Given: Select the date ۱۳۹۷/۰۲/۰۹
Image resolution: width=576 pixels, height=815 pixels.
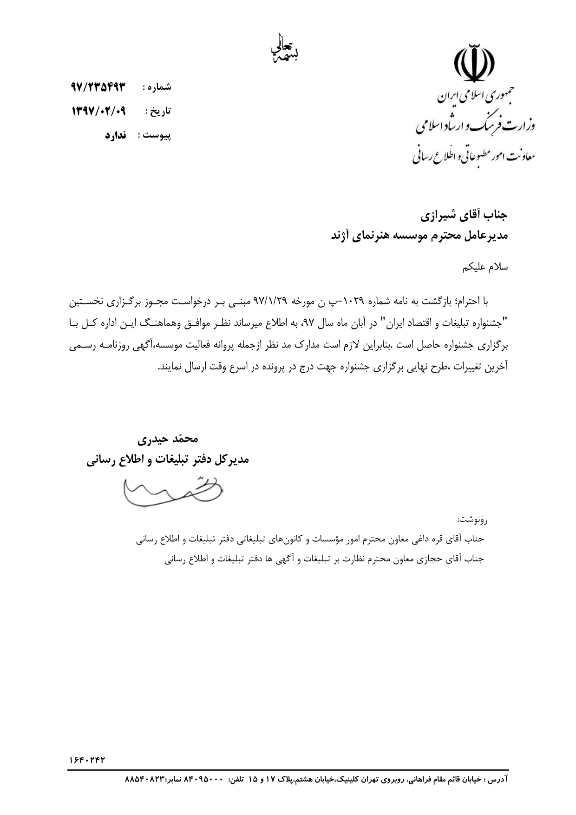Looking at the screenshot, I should pyautogui.click(x=99, y=111).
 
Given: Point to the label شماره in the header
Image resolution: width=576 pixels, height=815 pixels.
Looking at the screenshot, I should pyautogui.click(x=160, y=87).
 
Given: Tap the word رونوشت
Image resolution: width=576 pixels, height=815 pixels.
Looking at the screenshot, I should pyautogui.click(x=472, y=519).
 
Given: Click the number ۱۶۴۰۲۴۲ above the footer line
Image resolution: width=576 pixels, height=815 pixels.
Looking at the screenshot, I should pyautogui.click(x=86, y=759).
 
